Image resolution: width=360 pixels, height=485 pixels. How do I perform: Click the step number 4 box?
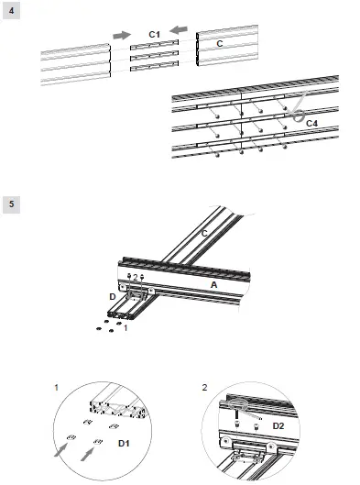click(11, 11)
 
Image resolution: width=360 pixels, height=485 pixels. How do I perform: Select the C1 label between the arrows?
click(154, 34)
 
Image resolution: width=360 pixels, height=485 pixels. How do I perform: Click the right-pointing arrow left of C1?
click(121, 34)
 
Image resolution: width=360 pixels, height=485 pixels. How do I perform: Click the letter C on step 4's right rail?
click(218, 43)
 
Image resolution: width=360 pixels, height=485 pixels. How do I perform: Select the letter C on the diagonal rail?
click(203, 236)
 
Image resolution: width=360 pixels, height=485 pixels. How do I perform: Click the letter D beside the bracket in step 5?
click(113, 297)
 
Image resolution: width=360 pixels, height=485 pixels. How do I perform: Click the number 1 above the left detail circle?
click(58, 389)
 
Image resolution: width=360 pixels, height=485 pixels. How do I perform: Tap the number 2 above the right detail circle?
click(203, 389)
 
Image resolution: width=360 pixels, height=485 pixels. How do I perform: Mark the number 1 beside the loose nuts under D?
click(125, 329)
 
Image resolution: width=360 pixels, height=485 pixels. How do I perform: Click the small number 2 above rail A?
click(135, 276)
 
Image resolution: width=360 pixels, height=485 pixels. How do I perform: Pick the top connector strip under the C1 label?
click(154, 46)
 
